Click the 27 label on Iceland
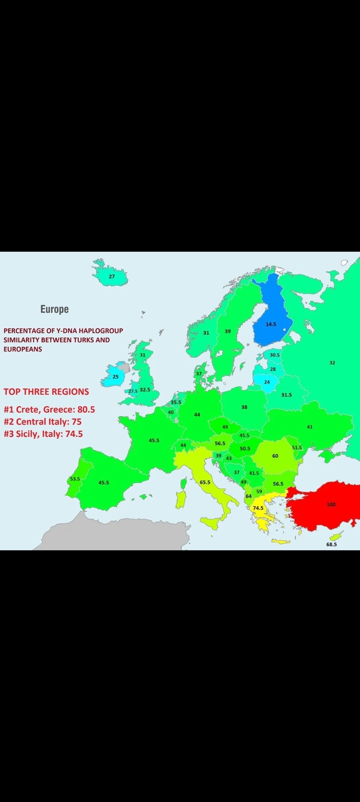[112, 276]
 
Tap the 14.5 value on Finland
[271, 324]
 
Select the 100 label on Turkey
[331, 505]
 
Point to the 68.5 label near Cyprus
[331, 544]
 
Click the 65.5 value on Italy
[205, 482]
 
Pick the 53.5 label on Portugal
[75, 479]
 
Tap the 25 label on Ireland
[115, 376]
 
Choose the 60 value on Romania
[275, 456]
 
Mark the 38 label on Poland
[244, 407]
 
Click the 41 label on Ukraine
[309, 427]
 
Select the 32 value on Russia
[332, 362]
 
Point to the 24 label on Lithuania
[267, 382]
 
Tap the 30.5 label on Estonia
[274, 355]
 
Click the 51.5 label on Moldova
[297, 447]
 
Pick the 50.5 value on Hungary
[245, 448]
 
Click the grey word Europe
[54, 309]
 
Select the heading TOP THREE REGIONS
[46, 392]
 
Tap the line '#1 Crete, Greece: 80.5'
[49, 409]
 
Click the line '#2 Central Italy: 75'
[42, 421]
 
